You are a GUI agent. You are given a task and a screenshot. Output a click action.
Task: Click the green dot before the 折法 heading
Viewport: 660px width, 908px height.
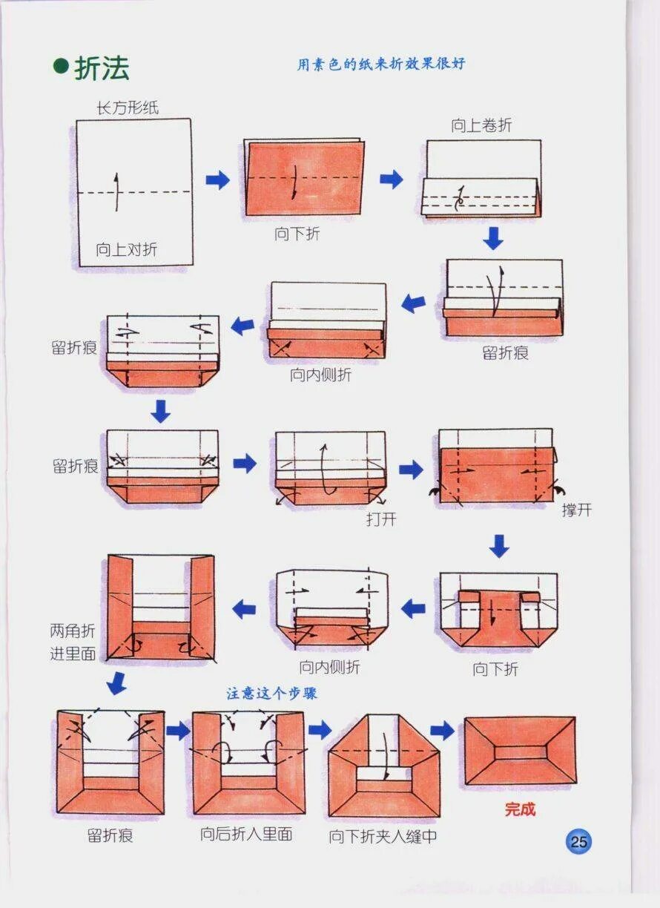click(x=61, y=66)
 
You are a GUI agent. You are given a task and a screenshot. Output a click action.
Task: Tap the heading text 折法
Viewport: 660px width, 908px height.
click(x=102, y=68)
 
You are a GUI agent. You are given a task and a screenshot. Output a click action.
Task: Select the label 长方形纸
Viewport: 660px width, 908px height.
click(x=128, y=108)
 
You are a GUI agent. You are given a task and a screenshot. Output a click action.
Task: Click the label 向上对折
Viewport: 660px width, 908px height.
click(x=126, y=249)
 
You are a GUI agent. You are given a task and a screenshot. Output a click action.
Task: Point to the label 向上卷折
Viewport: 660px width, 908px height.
click(x=481, y=125)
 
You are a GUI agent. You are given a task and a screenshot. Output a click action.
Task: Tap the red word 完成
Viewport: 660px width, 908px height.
click(x=520, y=809)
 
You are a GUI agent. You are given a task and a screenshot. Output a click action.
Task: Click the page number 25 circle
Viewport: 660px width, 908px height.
click(x=579, y=841)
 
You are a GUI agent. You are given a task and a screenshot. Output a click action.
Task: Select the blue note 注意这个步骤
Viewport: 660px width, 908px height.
click(x=272, y=693)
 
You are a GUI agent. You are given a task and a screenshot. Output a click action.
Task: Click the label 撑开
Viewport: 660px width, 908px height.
click(x=576, y=510)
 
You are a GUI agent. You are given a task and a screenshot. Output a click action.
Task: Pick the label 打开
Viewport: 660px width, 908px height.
click(x=381, y=519)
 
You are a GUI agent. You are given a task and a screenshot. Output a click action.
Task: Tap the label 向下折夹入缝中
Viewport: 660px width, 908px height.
click(x=383, y=837)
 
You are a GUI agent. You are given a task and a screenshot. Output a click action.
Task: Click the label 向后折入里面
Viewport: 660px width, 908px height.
click(x=246, y=835)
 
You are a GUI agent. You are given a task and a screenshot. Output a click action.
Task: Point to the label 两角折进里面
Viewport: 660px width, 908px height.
click(x=73, y=642)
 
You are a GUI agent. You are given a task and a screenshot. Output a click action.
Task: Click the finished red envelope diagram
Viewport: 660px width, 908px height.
click(x=519, y=750)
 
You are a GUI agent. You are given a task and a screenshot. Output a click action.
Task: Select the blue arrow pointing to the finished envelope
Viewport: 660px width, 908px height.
click(x=442, y=731)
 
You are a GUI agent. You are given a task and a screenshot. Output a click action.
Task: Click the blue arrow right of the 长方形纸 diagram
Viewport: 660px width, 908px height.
click(x=217, y=179)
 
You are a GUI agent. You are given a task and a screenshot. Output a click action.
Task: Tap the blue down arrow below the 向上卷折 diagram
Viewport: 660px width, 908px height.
click(x=493, y=238)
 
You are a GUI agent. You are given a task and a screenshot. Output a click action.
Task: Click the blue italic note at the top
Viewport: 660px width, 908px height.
click(x=381, y=65)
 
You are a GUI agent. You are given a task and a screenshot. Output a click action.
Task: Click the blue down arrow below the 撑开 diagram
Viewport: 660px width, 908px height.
click(x=500, y=546)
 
